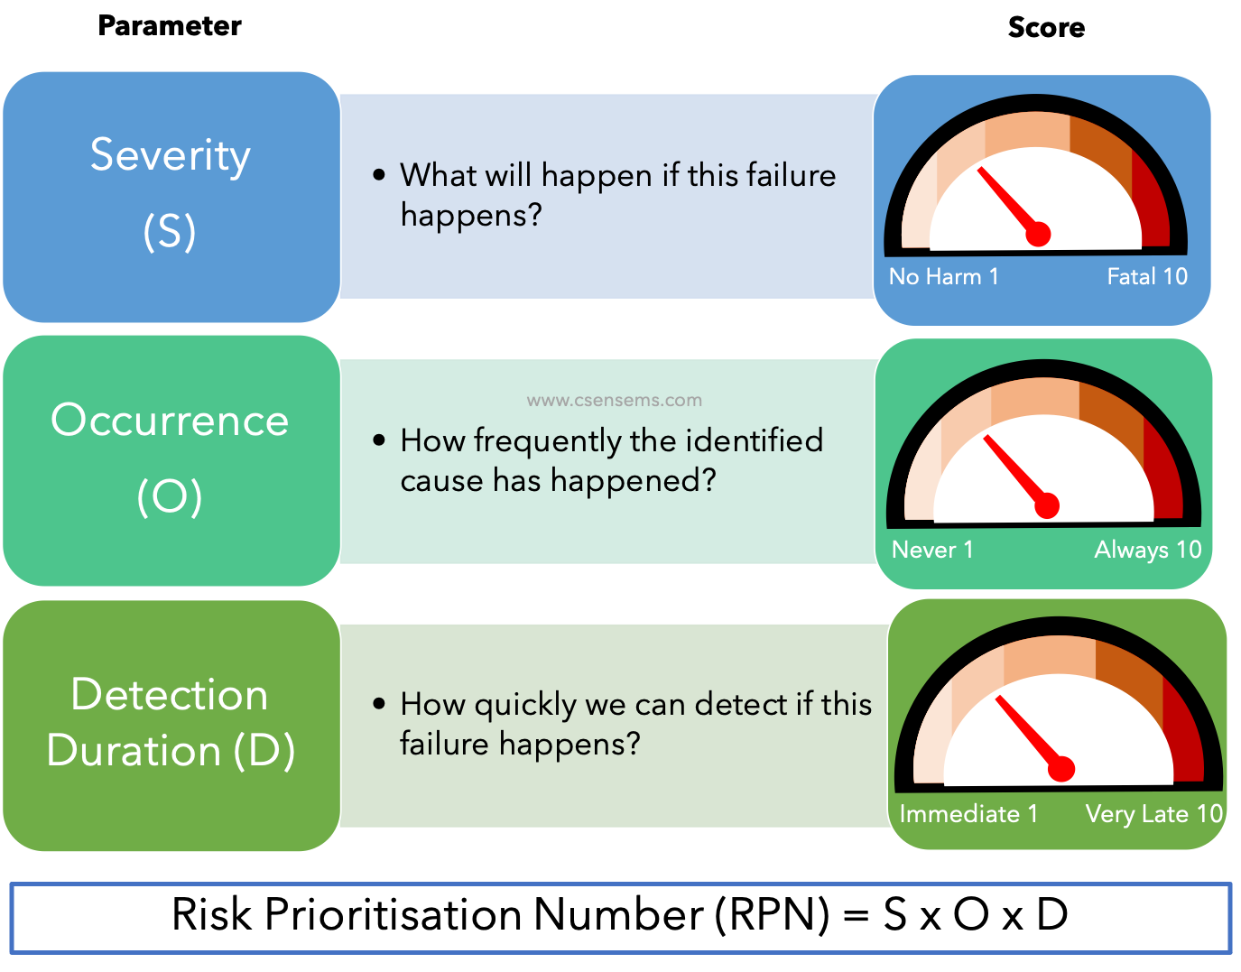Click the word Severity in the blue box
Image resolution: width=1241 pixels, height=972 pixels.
coord(170,155)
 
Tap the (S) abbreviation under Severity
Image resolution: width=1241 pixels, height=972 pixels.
coord(170,231)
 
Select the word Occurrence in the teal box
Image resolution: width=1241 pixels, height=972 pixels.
coord(170,421)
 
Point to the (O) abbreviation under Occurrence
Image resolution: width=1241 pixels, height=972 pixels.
coord(170,496)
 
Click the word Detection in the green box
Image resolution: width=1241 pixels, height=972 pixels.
coord(170,695)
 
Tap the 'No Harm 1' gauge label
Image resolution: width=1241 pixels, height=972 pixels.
coord(943,276)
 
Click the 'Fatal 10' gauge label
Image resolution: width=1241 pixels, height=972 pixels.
coord(1147,276)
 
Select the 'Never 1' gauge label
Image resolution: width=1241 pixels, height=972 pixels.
coord(932,550)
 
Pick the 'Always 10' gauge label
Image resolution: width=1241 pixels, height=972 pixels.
coord(1147,550)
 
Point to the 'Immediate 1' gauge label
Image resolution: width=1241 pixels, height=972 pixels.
coord(968,814)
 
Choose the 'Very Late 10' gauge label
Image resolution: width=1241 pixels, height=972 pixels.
coord(1153,814)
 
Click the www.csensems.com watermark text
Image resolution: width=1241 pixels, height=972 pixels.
coord(614,400)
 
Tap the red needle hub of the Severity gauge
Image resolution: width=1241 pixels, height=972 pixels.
coord(1039,235)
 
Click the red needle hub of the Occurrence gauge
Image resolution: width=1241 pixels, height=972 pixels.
coord(1046,506)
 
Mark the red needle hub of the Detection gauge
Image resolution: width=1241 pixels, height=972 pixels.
coord(1061,769)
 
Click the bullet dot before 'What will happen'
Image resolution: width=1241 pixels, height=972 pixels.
coord(379,174)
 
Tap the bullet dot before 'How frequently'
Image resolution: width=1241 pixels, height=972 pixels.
coord(379,440)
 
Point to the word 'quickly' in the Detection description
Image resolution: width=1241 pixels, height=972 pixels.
coord(525,705)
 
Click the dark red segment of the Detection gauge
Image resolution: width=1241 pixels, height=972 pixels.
coord(1186,736)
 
